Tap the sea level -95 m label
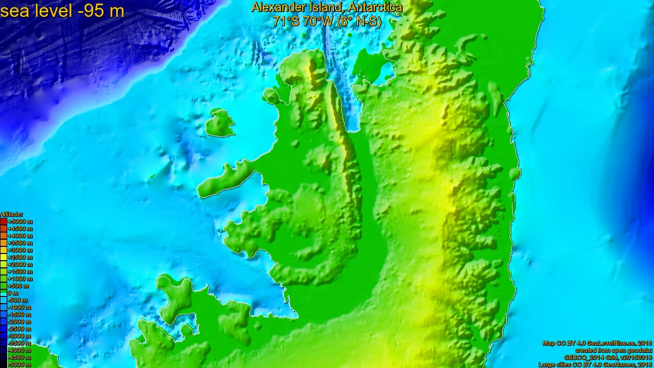pos(62,11)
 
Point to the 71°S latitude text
pos(286,21)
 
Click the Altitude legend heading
pos(11,214)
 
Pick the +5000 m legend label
pos(20,222)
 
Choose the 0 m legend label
pos(13,293)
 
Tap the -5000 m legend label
pos(19,365)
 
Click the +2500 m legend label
pos(20,258)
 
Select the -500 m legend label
pos(18,301)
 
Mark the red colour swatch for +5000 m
pos(4,222)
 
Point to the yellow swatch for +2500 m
pos(4,258)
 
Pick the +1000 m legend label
pos(20,279)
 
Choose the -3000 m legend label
pos(19,336)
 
